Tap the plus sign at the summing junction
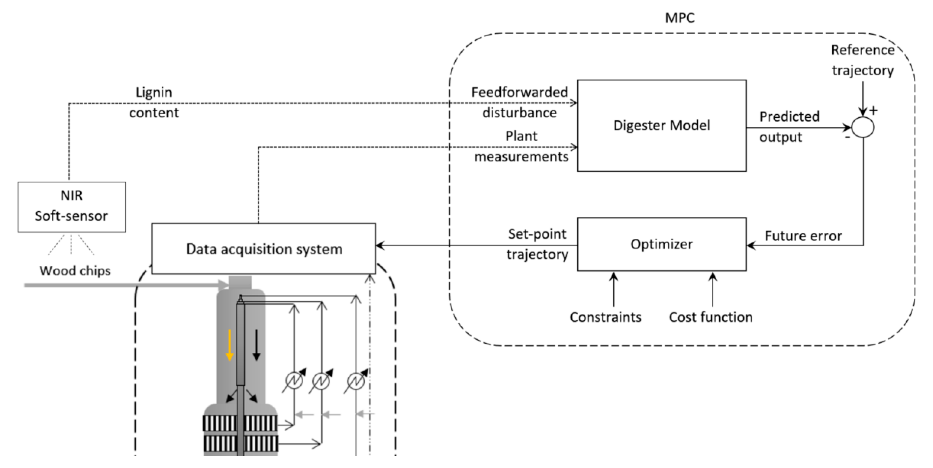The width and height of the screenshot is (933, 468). pyautogui.click(x=874, y=110)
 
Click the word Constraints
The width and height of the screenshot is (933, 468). pyautogui.click(x=606, y=317)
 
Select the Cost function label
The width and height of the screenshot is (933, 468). pyautogui.click(x=711, y=317)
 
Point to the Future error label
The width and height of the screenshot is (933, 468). pyautogui.click(x=803, y=236)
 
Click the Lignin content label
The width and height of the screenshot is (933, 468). pyautogui.click(x=154, y=103)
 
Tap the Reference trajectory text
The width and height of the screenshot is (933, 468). pyautogui.click(x=863, y=60)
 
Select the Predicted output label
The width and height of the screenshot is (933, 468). pyautogui.click(x=789, y=127)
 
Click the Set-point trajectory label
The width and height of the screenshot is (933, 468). pyautogui.click(x=538, y=244)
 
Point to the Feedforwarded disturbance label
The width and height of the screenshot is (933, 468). pyautogui.click(x=520, y=103)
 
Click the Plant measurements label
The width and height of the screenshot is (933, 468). pyautogui.click(x=522, y=146)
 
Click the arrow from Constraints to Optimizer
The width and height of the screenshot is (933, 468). pyautogui.click(x=613, y=290)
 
